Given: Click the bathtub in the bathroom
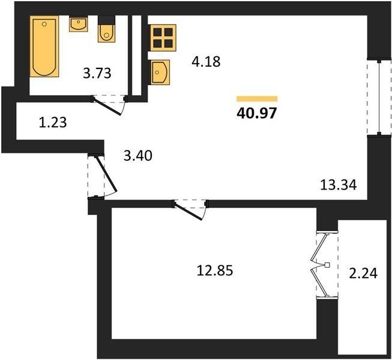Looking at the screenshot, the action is point(44,46).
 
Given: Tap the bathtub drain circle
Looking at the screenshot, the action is point(44,24).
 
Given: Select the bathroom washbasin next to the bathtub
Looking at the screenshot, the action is point(78,24).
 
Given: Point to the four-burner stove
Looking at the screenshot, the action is point(162,38).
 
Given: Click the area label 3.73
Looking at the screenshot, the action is point(97,74).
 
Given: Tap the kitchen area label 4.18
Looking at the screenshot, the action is point(206,62).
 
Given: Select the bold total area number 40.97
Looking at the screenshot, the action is point(257,113).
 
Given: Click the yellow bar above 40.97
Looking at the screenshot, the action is point(257,99).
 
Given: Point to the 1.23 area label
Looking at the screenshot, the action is point(53,122).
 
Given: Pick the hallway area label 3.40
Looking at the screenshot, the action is point(138,155).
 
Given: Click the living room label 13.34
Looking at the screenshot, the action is point(338,185).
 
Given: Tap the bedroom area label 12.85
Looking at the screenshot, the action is point(215,271).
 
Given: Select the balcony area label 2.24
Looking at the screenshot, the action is point(363,273).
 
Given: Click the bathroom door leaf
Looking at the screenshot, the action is point(107,107).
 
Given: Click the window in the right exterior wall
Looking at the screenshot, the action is point(379,98).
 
